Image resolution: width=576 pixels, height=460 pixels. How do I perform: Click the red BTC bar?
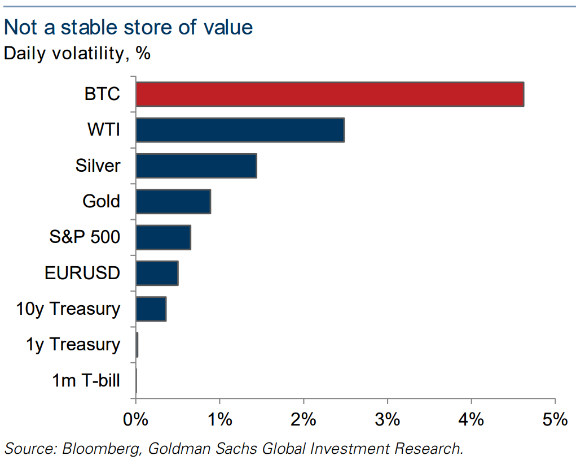tap(329, 94)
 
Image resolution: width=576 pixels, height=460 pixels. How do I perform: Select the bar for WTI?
tap(240, 130)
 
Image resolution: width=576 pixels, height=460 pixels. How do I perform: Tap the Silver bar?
tap(196, 166)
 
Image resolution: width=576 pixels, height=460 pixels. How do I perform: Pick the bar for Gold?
tap(173, 201)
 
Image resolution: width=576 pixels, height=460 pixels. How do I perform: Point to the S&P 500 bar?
tap(163, 237)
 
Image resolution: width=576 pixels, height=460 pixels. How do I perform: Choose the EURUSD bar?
tap(157, 273)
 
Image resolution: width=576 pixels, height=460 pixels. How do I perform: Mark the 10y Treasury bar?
tap(151, 309)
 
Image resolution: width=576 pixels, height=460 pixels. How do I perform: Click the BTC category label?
tap(102, 94)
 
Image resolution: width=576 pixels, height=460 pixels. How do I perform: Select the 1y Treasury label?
tap(73, 345)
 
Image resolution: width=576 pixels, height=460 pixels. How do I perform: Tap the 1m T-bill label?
tap(86, 380)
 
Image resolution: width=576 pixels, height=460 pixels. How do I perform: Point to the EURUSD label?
tap(82, 273)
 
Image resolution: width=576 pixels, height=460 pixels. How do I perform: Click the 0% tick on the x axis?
tap(135, 420)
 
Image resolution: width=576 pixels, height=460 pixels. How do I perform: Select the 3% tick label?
tap(388, 420)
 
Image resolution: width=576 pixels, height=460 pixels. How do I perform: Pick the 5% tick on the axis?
tap(555, 420)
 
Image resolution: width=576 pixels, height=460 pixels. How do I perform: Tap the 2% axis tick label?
tap(304, 420)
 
